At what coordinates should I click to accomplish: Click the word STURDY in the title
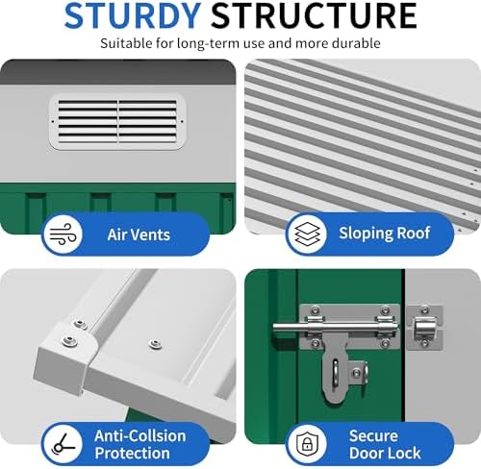(133, 16)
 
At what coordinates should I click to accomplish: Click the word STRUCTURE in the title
(314, 16)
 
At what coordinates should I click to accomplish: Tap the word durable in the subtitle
(356, 43)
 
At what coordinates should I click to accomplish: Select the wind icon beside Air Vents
(63, 234)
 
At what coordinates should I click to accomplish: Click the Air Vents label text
(139, 234)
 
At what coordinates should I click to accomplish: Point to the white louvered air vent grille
(117, 122)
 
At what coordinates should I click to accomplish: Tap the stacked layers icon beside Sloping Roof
(307, 234)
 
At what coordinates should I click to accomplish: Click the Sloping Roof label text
(385, 233)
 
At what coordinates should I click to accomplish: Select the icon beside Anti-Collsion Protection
(63, 444)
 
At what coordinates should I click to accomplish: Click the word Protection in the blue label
(132, 453)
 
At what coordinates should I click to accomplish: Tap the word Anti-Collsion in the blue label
(140, 436)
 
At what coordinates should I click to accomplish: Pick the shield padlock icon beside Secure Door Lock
(307, 444)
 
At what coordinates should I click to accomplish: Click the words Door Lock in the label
(385, 453)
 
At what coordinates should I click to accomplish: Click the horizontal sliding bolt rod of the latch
(336, 328)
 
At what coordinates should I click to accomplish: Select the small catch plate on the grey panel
(425, 328)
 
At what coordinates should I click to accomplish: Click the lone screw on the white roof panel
(155, 344)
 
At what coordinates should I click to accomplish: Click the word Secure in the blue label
(373, 436)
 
